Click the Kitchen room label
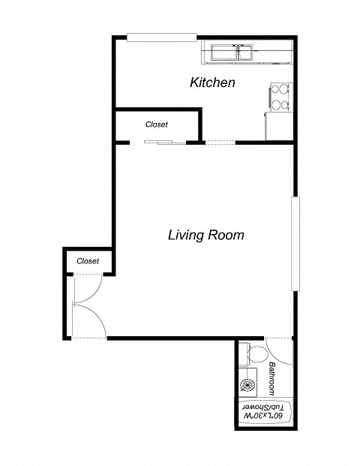click(x=213, y=83)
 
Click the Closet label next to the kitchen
click(x=156, y=125)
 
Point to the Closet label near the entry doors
click(x=88, y=261)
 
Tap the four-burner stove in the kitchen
click(x=280, y=96)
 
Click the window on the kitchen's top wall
click(x=161, y=38)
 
